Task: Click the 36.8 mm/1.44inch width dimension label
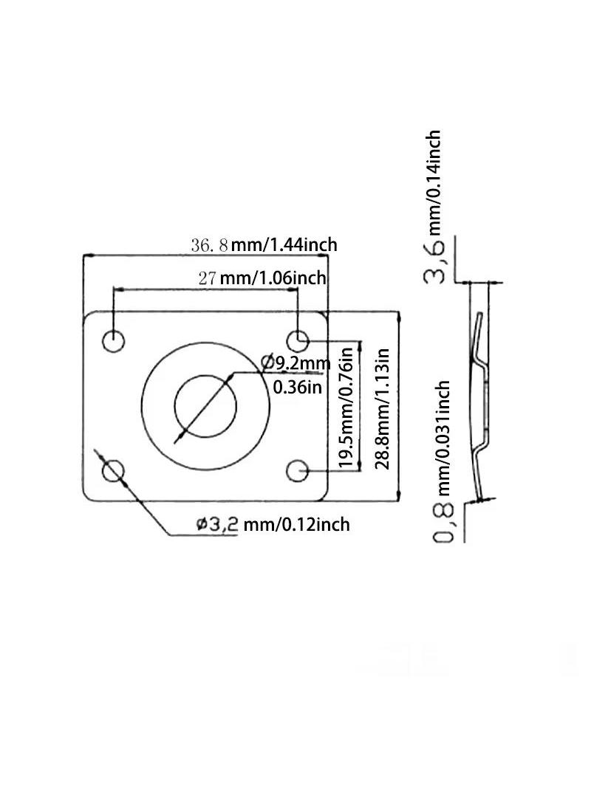coord(264,245)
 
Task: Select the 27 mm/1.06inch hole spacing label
coord(262,278)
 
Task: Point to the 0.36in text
coord(297,388)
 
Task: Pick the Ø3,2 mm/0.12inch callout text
coord(273,524)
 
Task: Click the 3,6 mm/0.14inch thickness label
coord(433,207)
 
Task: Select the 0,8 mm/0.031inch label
coord(443,461)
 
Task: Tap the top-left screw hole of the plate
coord(113,341)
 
